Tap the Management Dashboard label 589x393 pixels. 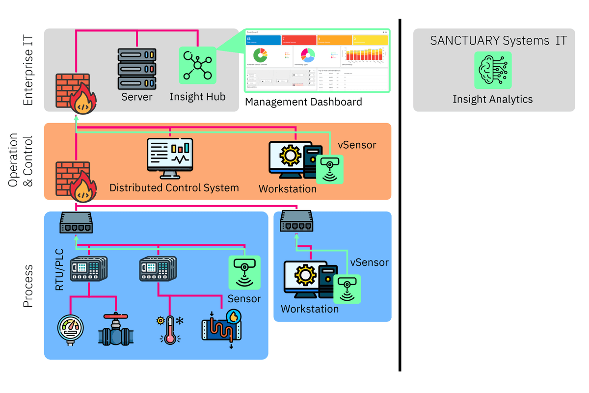pyautogui.click(x=303, y=102)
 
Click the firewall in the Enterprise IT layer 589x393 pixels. pyautogui.click(x=76, y=94)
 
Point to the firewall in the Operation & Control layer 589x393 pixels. pyautogui.click(x=76, y=182)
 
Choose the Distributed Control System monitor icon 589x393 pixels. pyautogui.click(x=170, y=157)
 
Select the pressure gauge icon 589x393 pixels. pyautogui.click(x=70, y=330)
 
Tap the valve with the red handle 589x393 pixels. pyautogui.click(x=116, y=331)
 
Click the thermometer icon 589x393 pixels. pyautogui.click(x=170, y=329)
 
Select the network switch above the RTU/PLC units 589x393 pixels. pyautogui.click(x=76, y=223)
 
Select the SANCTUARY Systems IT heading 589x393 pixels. pyautogui.click(x=498, y=41)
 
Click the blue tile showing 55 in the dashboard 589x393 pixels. pyautogui.click(x=263, y=40)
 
